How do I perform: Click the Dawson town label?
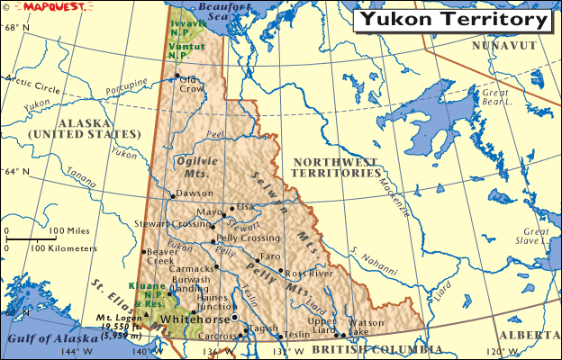[x=195, y=193]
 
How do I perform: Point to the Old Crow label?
[x=192, y=85]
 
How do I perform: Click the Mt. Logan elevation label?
[x=121, y=324]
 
